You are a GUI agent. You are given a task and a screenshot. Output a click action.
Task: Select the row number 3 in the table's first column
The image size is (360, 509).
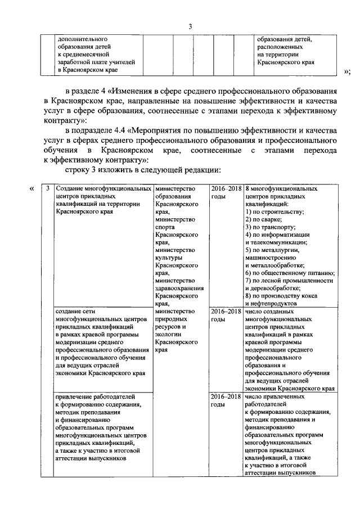tap(48, 188)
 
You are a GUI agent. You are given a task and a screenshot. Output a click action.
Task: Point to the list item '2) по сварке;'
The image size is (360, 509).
tap(264, 219)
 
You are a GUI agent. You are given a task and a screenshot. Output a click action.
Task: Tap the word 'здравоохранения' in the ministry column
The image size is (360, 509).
tap(179, 287)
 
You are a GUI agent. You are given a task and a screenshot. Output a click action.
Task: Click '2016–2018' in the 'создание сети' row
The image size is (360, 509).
tap(226, 310)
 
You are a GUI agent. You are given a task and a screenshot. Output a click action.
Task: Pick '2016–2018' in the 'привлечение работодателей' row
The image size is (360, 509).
tap(226, 396)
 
